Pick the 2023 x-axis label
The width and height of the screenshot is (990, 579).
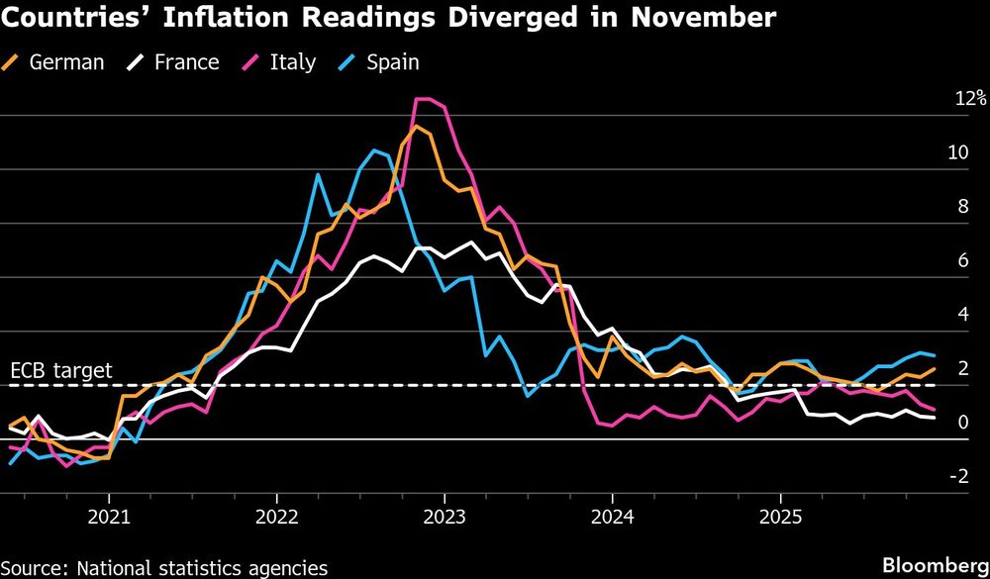point(445,518)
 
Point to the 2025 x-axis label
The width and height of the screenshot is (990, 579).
point(780,518)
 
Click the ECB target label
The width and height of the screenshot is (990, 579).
point(61,371)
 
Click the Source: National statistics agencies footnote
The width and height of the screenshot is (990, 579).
point(164,567)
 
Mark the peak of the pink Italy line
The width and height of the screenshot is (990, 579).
point(423,99)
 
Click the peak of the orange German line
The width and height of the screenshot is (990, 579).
point(415,126)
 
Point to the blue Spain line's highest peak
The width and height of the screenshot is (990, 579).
point(373,149)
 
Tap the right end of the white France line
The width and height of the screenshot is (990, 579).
point(936,418)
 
